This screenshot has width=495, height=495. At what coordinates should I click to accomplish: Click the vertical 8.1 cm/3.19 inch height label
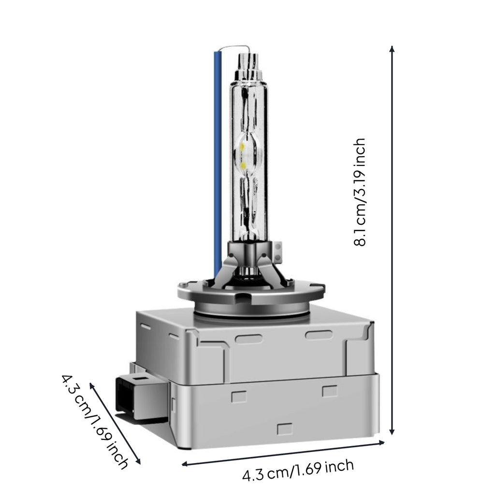point(359,192)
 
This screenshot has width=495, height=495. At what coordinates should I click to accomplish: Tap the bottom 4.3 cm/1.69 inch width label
point(298,470)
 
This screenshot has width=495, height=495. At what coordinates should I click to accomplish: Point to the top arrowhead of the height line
point(392,49)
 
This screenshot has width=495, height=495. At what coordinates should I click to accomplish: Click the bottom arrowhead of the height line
point(392,431)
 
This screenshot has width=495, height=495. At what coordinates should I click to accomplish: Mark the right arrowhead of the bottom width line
point(381,443)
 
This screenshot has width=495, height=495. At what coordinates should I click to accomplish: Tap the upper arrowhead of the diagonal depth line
point(92,386)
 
